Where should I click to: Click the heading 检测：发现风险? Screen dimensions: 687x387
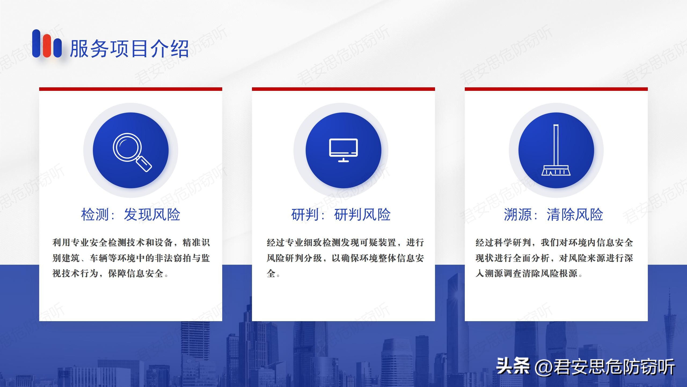point(131,214)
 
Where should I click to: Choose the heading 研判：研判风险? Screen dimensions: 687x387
point(341,214)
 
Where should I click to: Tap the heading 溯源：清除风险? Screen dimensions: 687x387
point(554,214)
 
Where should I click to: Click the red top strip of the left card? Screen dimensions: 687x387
point(131,89)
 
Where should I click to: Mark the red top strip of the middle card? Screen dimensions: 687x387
point(343,89)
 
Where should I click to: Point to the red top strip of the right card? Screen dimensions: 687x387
point(556,89)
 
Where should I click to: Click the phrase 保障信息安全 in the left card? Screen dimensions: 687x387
point(136,274)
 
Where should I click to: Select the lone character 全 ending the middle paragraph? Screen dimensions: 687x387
point(271,274)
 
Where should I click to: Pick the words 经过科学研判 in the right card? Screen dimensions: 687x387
point(503,243)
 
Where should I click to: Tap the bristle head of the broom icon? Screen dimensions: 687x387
point(556,171)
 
